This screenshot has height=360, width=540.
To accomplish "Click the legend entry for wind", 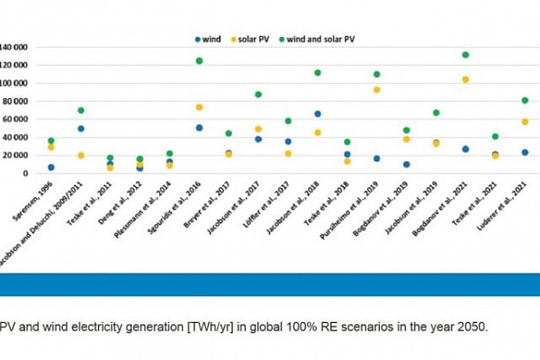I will click(212, 39).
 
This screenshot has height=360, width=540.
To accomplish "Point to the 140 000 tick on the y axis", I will click(15, 46).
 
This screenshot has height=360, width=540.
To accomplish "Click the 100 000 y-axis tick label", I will click(15, 83).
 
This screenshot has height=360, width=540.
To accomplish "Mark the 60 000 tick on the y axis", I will click(17, 119).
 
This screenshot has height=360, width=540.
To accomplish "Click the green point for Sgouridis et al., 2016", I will click(199, 61).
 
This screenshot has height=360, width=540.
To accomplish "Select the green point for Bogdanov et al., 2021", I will click(465, 55).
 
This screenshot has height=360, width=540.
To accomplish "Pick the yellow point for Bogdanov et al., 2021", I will click(465, 79).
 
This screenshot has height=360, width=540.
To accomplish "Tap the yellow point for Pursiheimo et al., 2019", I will click(376, 90).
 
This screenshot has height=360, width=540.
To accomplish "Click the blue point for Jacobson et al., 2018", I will click(318, 114).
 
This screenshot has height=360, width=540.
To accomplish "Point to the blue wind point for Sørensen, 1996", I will click(51, 167).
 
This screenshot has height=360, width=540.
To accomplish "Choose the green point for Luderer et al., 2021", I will click(525, 101).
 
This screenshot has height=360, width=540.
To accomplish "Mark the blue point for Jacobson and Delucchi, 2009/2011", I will click(81, 129).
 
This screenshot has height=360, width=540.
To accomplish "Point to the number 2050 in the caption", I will click(472, 326).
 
